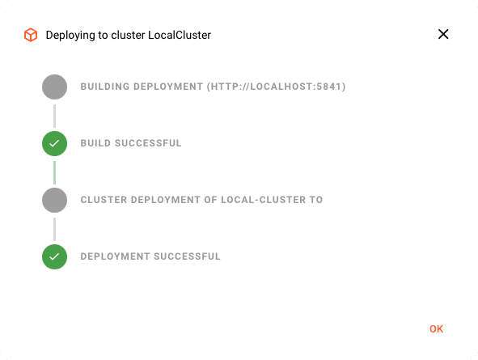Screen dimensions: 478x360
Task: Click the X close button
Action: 443,34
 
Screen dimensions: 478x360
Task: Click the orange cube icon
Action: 31,35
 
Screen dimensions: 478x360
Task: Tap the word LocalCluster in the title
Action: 180,35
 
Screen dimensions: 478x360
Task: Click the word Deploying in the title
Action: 70,36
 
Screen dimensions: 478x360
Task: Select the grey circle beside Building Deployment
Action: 54,87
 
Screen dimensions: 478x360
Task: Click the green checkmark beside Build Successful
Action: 54,143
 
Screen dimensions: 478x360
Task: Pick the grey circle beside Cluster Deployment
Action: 54,201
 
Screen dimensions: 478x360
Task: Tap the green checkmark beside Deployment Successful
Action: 54,257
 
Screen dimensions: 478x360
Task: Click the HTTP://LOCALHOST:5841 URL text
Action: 276,87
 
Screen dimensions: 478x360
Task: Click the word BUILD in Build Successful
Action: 95,143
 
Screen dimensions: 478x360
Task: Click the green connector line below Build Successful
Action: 54,172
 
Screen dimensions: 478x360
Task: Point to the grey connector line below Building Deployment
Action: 54,116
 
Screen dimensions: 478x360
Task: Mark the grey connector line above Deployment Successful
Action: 54,229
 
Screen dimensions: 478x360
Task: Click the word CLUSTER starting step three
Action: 104,200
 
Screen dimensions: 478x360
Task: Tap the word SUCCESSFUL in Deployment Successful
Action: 187,256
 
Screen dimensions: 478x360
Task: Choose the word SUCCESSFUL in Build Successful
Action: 148,143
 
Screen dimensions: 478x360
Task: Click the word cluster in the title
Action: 128,35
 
